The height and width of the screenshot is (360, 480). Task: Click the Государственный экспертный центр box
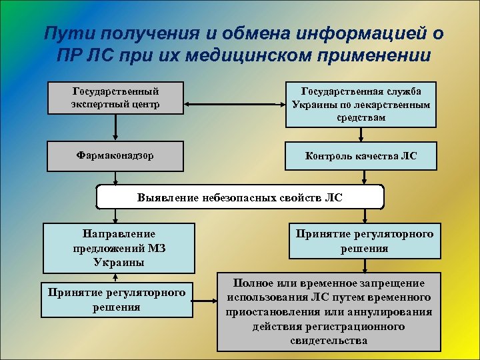(115, 97)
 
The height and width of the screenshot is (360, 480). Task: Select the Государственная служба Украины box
(361, 104)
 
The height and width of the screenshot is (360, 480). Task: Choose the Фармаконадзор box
(115, 155)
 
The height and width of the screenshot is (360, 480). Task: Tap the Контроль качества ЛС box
(361, 156)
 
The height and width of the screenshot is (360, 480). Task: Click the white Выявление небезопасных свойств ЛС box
(241, 197)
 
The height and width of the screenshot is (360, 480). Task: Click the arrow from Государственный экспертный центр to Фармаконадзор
(115, 127)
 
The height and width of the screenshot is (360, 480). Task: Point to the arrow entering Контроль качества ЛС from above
(361, 135)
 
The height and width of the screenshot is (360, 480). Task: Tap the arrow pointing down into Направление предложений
(115, 215)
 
